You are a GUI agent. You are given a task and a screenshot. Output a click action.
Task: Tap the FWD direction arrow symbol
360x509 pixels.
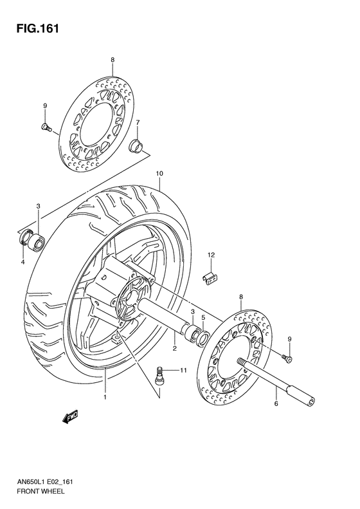[x=70, y=419]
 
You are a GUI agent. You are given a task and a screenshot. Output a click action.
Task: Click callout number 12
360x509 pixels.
[x=210, y=255]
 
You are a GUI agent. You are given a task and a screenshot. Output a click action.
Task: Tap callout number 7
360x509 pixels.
[x=138, y=122]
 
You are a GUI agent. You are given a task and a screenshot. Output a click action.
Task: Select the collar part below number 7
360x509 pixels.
[x=136, y=145]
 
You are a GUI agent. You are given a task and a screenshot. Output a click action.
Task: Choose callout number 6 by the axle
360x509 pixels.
[x=275, y=405]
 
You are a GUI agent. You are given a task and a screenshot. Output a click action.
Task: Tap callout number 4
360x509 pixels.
[x=22, y=262]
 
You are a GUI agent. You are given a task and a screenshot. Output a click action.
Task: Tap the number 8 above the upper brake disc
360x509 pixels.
[x=113, y=60]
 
